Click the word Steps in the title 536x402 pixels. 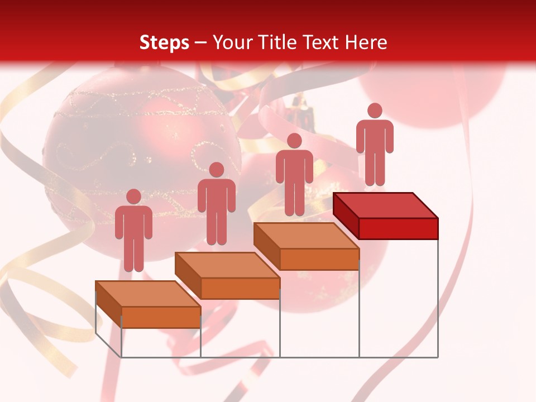[x=164, y=42]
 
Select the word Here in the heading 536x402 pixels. [x=366, y=42]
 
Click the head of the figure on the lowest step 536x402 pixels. [x=133, y=197]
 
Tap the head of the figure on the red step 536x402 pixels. [x=375, y=111]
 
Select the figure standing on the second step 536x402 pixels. [x=216, y=204]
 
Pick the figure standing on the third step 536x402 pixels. [x=294, y=175]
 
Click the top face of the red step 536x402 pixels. [x=386, y=205]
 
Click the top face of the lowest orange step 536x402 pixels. [x=148, y=294]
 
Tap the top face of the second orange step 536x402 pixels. [x=227, y=265]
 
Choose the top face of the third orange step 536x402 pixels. [x=307, y=236]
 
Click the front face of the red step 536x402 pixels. [x=398, y=228]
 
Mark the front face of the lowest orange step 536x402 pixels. [x=161, y=317]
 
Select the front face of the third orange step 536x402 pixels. [x=319, y=259]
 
